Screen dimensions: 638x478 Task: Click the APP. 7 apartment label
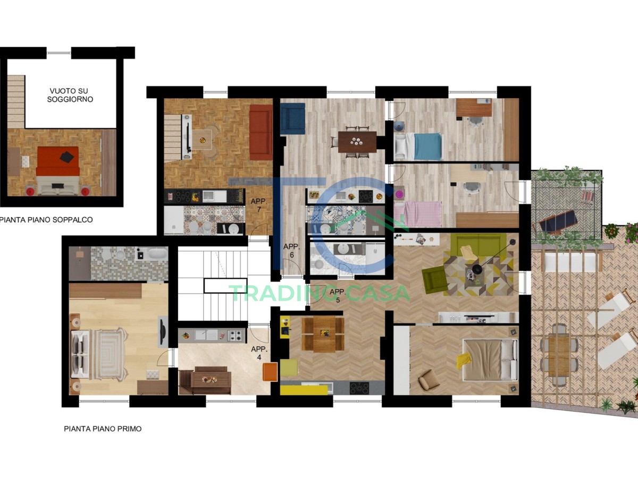(259, 205)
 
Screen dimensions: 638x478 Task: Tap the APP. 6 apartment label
(291, 251)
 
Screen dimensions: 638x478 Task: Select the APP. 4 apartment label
(259, 353)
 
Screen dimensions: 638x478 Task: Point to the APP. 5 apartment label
(338, 296)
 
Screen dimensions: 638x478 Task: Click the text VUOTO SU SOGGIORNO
(70, 95)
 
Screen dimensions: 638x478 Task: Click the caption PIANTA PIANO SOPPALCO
(46, 220)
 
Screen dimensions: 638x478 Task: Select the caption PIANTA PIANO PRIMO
(103, 429)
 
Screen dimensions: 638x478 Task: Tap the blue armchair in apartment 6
(293, 118)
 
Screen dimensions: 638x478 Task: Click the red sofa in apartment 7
(261, 132)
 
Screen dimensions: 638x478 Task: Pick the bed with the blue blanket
(418, 146)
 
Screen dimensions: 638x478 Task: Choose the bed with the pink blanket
(418, 214)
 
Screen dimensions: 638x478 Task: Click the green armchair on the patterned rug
(434, 280)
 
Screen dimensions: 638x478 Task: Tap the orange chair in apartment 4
(270, 372)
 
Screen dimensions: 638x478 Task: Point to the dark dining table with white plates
(357, 142)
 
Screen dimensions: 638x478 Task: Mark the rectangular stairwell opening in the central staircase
(225, 286)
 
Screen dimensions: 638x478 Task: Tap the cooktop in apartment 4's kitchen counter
(235, 336)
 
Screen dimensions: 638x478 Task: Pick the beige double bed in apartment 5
(490, 360)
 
